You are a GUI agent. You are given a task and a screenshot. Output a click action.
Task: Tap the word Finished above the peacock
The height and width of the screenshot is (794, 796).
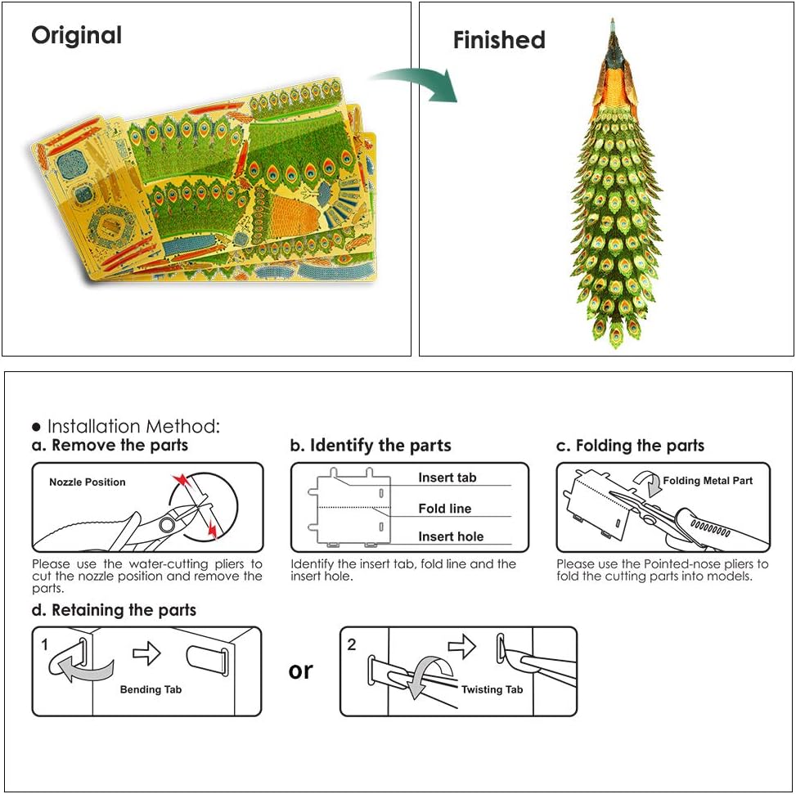(499, 40)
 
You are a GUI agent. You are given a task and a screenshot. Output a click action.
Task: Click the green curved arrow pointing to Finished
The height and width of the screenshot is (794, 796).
(416, 83)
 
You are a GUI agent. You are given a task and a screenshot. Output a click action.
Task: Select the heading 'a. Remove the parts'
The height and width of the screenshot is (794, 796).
(110, 445)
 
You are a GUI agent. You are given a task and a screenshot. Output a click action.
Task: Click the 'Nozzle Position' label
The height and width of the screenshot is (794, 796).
(88, 482)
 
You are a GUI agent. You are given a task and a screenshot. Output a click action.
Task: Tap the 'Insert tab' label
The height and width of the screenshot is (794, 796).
(447, 478)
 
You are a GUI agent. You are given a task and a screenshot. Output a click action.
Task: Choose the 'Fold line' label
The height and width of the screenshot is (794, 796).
(445, 509)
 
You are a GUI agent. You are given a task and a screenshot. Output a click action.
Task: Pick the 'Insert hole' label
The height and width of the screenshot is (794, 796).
(451, 536)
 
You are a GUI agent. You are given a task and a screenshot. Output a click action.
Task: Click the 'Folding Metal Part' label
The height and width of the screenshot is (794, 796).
(708, 481)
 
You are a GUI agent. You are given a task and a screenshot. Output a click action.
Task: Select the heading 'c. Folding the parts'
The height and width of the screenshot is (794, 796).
(630, 446)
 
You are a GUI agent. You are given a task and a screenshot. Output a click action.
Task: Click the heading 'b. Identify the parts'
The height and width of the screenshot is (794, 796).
(371, 446)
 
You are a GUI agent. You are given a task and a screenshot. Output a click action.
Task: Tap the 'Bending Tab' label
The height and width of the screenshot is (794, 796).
(151, 689)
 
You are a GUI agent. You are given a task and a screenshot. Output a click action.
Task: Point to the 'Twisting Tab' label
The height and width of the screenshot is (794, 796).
(492, 689)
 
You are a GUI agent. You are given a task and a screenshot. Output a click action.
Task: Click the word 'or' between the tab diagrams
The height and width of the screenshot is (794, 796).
(300, 671)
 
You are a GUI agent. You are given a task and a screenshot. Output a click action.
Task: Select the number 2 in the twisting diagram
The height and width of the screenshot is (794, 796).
(351, 645)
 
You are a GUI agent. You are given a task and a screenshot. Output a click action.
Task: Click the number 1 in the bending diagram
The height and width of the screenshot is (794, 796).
(45, 645)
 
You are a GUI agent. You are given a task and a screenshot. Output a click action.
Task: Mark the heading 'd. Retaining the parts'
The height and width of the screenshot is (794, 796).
(114, 610)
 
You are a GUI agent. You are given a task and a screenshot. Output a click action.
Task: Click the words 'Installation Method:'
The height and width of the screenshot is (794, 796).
(133, 426)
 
